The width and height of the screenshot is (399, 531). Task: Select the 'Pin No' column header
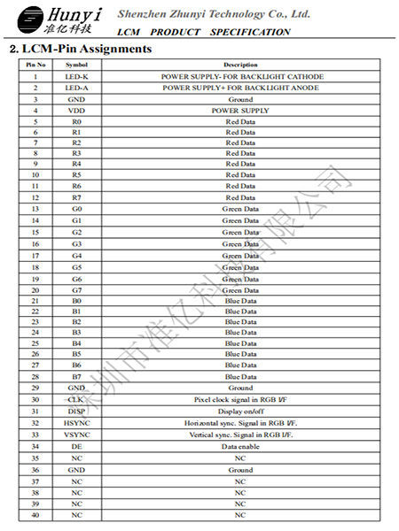[35, 65]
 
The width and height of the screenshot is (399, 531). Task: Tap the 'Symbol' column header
[77, 65]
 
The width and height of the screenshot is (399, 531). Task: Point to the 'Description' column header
[240, 65]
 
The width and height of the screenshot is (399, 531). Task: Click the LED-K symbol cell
[77, 77]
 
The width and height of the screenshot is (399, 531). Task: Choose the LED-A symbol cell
[77, 88]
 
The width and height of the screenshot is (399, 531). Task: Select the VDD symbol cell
[77, 111]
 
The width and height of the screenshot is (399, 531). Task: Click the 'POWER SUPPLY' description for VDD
[240, 111]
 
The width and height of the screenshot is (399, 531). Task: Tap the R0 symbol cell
[77, 121]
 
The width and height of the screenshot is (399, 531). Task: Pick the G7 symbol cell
[77, 289]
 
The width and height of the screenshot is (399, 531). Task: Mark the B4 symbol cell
[77, 342]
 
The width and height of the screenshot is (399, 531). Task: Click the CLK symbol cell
[77, 399]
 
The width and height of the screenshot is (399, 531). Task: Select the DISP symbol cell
[77, 411]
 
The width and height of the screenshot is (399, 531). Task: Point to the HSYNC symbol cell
[77, 423]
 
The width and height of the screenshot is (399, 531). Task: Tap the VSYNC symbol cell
[77, 435]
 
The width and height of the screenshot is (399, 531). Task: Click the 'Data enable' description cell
[240, 447]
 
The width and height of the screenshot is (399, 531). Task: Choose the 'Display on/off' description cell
[240, 411]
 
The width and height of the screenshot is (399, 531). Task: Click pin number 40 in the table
[35, 514]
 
